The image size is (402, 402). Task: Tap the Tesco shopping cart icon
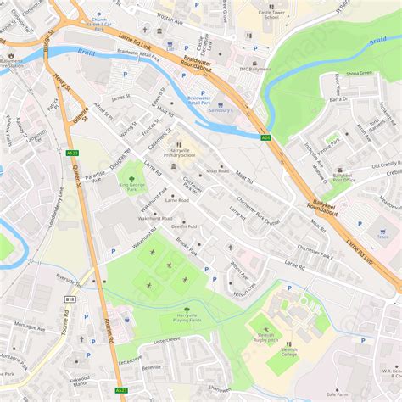click(x=359, y=225)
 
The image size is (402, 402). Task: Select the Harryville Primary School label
click(x=179, y=153)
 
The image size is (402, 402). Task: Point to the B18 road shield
click(x=70, y=299)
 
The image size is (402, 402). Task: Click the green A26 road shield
click(x=266, y=137)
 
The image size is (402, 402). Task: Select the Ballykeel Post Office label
click(x=343, y=177)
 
